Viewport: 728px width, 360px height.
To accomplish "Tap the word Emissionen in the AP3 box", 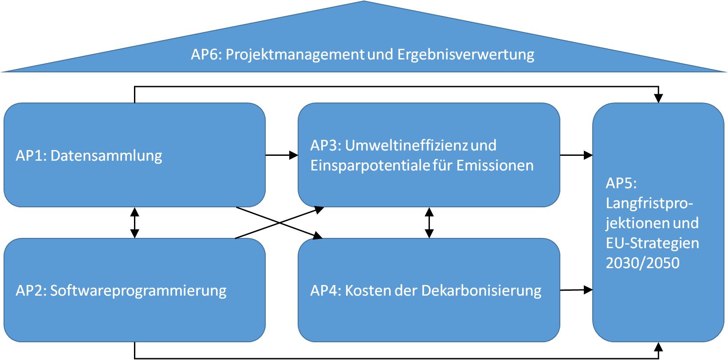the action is point(495,166).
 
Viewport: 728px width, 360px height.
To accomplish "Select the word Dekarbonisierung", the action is point(481,291).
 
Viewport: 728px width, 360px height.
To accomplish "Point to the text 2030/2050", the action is point(642,263).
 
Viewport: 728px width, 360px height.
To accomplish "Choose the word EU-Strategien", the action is point(652,243).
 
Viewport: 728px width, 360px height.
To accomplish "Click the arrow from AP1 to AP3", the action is point(282,155).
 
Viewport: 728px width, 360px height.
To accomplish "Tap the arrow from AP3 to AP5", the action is point(576,155).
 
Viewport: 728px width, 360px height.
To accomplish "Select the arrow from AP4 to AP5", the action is point(576,289).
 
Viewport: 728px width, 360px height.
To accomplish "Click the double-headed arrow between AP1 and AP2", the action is point(134,223).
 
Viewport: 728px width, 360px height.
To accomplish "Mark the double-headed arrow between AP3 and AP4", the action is point(429,223).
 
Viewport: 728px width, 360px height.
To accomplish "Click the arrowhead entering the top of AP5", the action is point(658,98).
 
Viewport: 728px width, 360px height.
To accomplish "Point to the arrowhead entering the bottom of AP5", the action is point(658,347).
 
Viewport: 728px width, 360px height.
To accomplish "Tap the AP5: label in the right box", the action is point(621,183).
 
